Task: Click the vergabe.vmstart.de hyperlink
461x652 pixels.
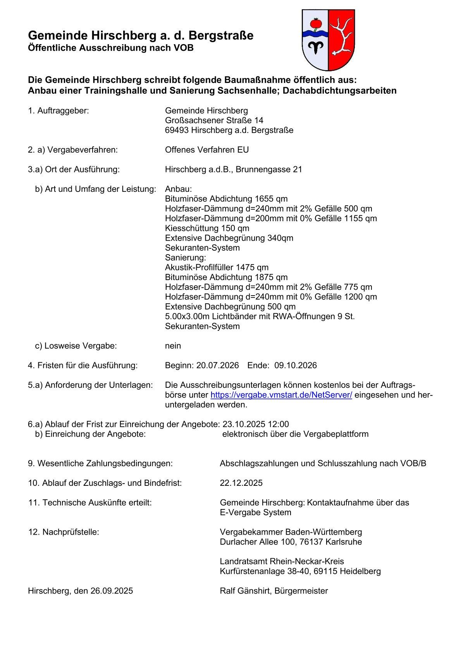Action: point(281,395)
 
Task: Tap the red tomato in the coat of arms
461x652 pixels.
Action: point(317,23)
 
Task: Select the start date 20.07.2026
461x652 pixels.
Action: point(217,365)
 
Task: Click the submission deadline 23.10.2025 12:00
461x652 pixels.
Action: point(256,424)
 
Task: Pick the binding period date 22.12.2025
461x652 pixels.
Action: point(241,483)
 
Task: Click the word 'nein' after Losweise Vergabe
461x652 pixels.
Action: point(173,346)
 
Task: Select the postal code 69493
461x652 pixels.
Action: point(177,130)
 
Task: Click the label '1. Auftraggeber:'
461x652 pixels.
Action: point(58,111)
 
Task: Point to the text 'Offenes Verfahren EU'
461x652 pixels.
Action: point(207,150)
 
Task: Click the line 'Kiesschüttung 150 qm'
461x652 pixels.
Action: point(207,228)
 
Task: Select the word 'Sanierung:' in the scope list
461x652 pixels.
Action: point(185,258)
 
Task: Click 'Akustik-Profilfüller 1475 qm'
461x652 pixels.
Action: point(217,268)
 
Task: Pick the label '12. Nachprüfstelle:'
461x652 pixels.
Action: point(64,532)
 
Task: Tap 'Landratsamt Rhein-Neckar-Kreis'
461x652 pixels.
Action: point(282,562)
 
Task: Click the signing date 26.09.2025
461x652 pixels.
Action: point(112,591)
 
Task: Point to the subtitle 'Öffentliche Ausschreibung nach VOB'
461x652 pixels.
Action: point(110,48)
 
